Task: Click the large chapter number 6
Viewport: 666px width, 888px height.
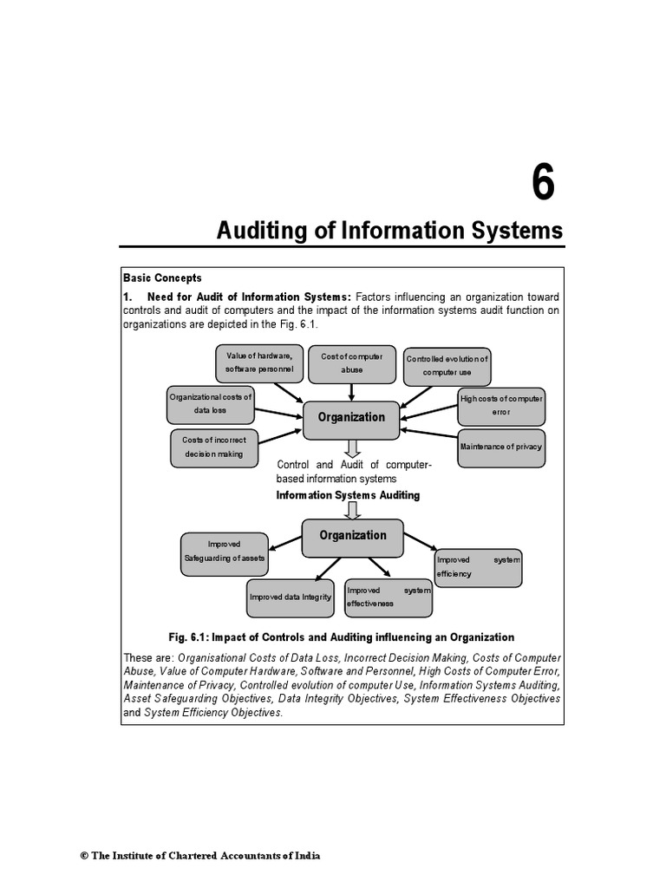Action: [x=542, y=185]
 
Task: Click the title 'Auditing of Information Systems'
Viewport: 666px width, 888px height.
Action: [x=389, y=232]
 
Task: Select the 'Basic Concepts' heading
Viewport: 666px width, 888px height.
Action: [x=162, y=278]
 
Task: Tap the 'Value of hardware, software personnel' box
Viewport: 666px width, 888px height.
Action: [x=259, y=363]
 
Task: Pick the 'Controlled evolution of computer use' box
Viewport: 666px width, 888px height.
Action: [x=447, y=366]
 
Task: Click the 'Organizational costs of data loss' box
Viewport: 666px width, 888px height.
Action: [x=210, y=404]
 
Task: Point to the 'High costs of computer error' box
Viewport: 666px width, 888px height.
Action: [x=502, y=405]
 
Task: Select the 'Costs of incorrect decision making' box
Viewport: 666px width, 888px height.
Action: [x=212, y=447]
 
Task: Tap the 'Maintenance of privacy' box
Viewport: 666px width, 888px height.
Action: [x=501, y=447]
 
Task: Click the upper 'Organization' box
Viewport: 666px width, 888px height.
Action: [x=351, y=418]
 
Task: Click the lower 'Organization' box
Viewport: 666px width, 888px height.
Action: [x=353, y=536]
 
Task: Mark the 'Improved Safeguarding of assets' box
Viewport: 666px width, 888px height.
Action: [x=224, y=552]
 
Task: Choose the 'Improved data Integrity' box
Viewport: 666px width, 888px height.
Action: [x=291, y=597]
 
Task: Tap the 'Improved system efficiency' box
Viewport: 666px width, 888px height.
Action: [x=478, y=566]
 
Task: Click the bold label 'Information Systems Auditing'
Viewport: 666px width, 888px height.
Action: [x=348, y=495]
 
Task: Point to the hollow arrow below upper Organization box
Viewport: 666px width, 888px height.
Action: [x=352, y=447]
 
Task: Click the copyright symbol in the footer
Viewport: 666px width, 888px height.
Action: [x=85, y=856]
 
